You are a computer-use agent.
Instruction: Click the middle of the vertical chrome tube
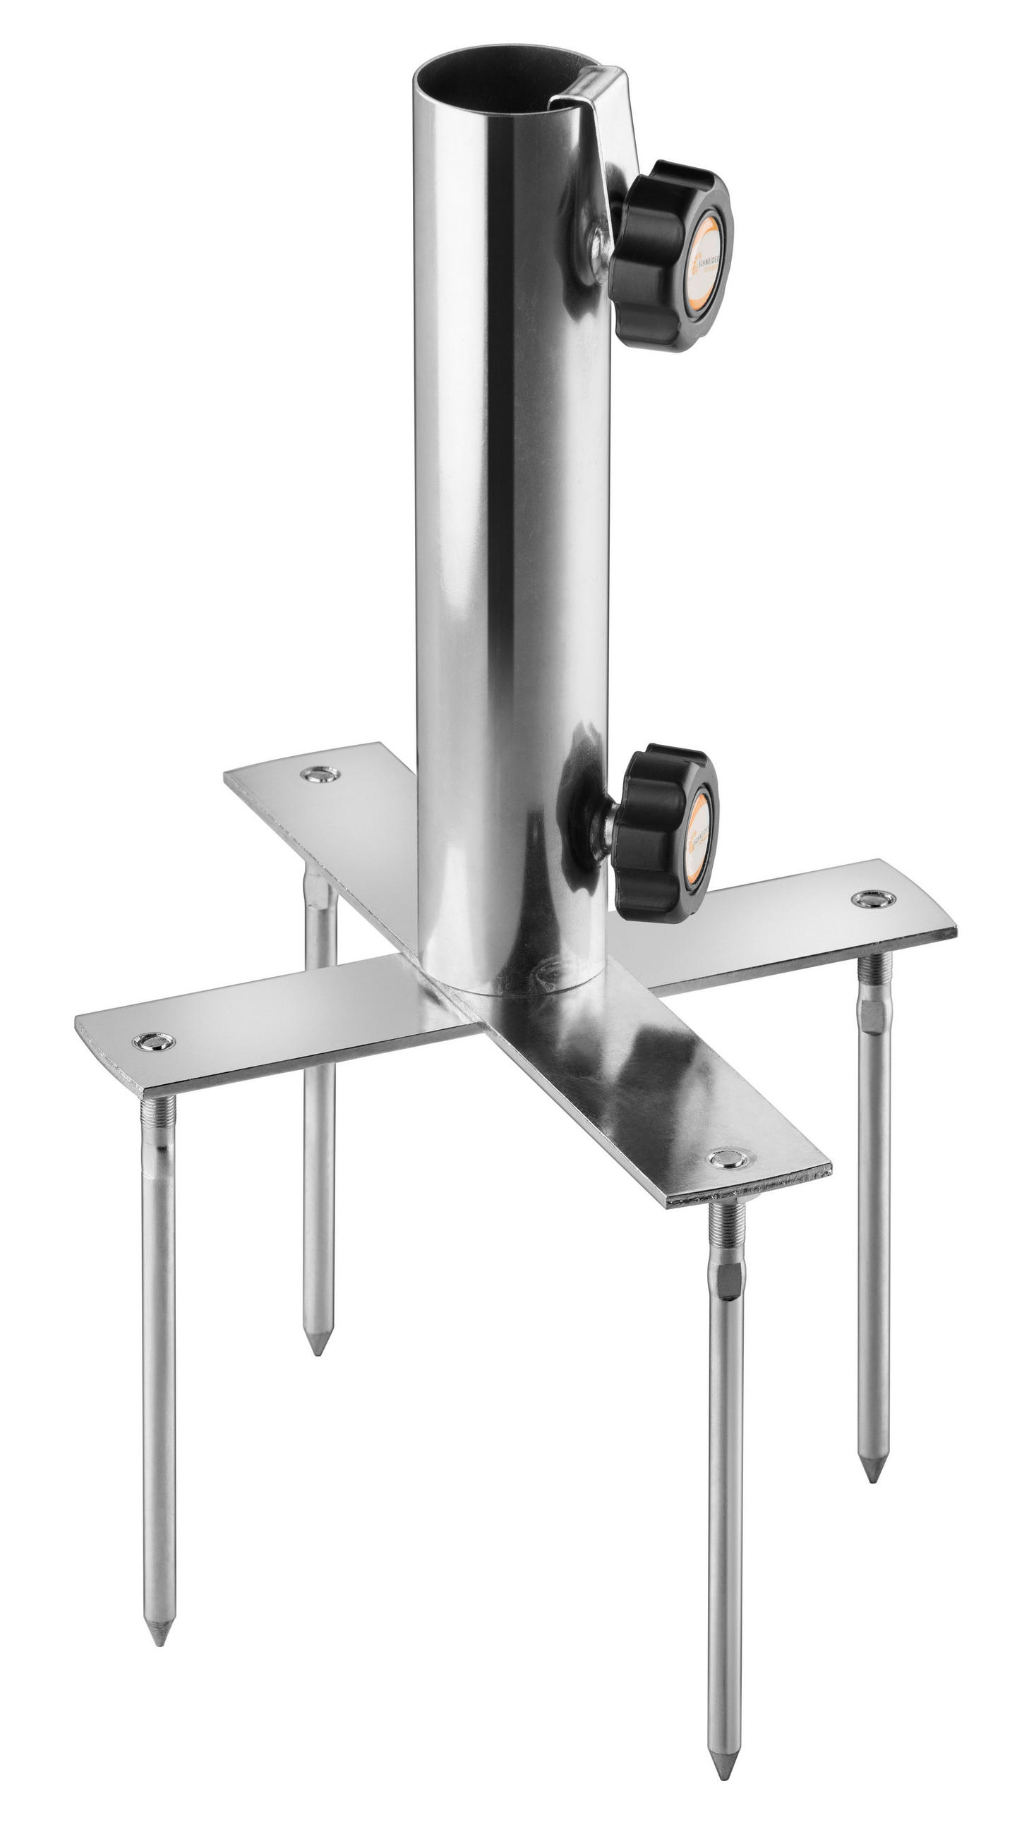tap(509, 534)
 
